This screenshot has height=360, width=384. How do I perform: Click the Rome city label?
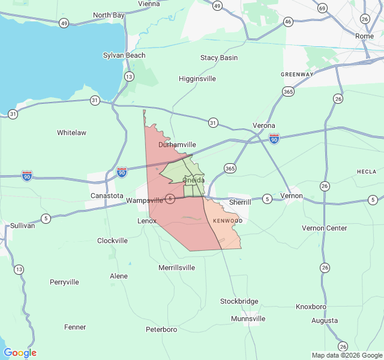pos(364,36)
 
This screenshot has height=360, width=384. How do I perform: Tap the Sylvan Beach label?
pos(124,55)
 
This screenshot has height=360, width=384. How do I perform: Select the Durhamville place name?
pos(177,145)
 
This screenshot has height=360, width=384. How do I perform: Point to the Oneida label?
pos(193,180)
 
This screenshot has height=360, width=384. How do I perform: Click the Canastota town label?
pos(107,196)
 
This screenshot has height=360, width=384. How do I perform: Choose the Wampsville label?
pos(145,200)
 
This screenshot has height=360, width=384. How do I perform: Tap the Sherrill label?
pos(240,202)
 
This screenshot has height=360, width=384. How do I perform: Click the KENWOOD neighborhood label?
pos(227,221)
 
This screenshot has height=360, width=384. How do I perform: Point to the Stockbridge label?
pos(239,301)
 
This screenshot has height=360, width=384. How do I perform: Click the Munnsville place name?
pos(248,319)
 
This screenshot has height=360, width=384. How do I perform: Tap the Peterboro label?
pos(161,329)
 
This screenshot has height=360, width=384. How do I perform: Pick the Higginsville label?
pos(197,79)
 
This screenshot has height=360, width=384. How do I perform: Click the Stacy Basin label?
pos(218,58)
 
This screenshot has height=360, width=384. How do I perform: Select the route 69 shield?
pos(323,8)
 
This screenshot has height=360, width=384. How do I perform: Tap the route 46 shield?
pos(288,22)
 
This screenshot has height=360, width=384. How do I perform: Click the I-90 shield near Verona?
pos(274,139)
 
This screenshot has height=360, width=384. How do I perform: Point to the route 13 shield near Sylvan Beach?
pos(129,76)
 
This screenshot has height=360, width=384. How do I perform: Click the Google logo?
pos(20,353)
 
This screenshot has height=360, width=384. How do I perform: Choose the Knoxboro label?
pos(311,307)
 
